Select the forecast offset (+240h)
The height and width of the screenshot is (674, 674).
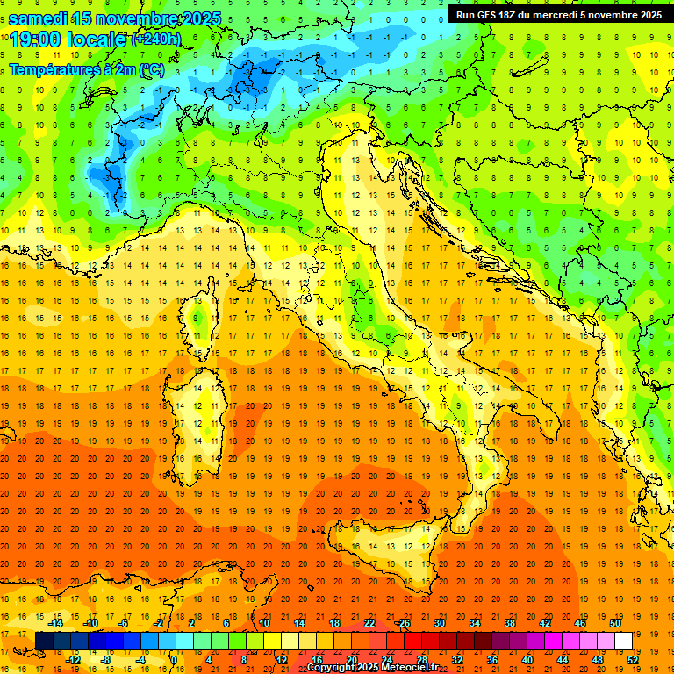coord(156,39)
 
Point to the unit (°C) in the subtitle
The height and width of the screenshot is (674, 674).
coord(151,69)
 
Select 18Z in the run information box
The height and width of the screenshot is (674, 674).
coord(516,15)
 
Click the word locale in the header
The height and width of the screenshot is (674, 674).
coord(101,39)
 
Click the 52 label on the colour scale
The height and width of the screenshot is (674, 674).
coord(633,659)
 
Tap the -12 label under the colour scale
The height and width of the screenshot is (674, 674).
coord(73,659)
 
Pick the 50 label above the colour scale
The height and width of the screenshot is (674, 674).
coord(614,623)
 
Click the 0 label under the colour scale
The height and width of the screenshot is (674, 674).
coord(174,659)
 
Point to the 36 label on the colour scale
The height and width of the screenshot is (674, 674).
coord(491,659)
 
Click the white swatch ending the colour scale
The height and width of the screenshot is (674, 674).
coord(623,641)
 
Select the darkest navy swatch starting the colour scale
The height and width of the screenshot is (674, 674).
coord(45,641)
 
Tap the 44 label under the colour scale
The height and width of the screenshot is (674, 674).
coord(562,659)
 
